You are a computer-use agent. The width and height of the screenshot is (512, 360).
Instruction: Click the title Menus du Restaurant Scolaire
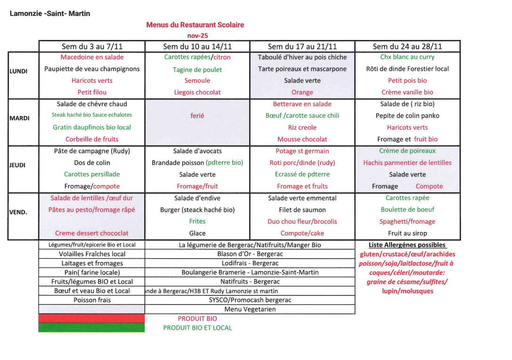[195, 25]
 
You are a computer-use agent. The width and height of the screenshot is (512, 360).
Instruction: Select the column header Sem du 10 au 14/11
[197, 46]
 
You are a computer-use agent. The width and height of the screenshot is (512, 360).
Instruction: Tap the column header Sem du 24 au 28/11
[407, 46]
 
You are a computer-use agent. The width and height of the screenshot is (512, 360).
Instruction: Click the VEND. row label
[18, 212]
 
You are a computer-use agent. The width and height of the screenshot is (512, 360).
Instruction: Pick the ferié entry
[197, 115]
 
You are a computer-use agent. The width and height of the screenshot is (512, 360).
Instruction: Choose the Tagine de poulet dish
[197, 70]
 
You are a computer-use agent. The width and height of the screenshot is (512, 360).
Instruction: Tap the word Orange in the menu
[302, 92]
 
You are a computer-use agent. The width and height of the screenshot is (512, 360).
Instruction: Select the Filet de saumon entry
[302, 210]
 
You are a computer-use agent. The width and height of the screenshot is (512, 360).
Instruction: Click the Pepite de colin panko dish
[407, 115]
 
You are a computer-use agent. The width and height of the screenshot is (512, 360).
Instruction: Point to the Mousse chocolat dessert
[302, 139]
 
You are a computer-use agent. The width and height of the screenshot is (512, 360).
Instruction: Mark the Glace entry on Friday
[197, 233]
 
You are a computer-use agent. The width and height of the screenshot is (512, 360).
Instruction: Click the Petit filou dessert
[92, 92]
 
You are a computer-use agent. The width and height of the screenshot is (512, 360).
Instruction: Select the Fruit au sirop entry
[407, 233]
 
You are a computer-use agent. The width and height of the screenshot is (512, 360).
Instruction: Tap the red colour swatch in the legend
[91, 319]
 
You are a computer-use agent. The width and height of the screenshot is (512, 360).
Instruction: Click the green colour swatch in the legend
[91, 327]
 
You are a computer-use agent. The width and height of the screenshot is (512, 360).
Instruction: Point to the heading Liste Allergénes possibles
[407, 245]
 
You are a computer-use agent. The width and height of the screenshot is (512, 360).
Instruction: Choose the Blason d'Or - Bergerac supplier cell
[250, 254]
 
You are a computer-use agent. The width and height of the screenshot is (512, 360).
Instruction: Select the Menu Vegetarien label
[250, 309]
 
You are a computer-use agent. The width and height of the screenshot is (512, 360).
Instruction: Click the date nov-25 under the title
[197, 35]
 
